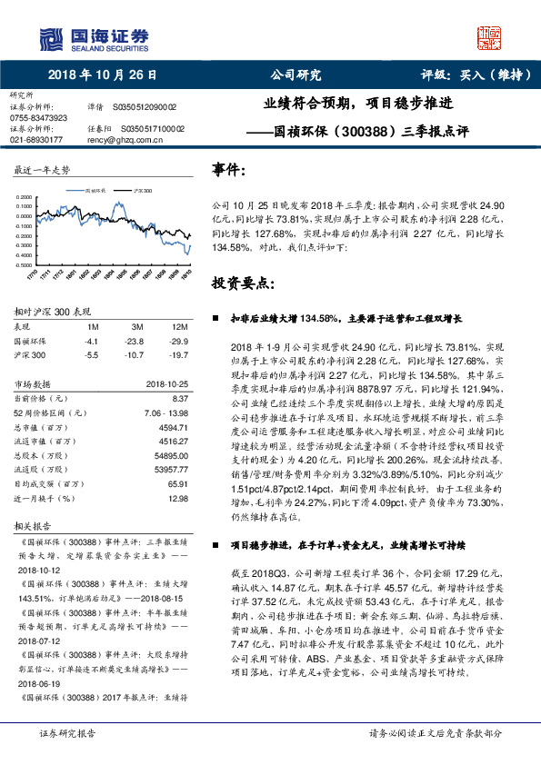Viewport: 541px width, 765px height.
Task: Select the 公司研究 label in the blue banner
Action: click(296, 75)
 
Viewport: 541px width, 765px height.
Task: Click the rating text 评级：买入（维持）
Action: click(465, 75)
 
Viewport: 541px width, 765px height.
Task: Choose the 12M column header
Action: click(178, 326)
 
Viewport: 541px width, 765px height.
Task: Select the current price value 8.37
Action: click(178, 399)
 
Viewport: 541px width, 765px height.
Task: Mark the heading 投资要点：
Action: click(242, 283)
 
